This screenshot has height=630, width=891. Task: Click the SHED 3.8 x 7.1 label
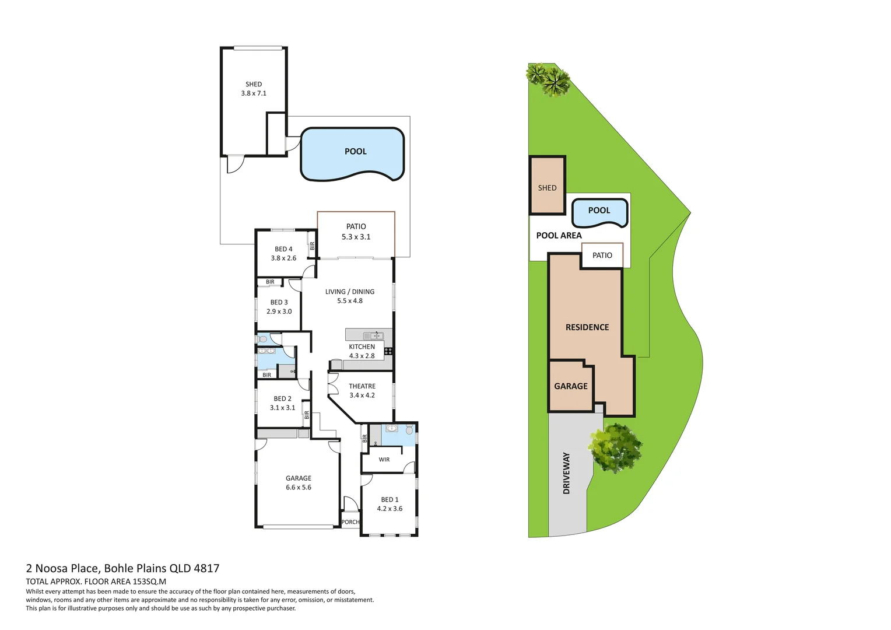[254, 89]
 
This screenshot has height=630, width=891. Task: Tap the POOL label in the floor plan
[355, 152]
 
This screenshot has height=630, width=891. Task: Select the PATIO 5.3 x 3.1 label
[356, 232]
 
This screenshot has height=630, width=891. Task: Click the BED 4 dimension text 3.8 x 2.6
[283, 258]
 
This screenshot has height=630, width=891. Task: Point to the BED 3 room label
[279, 302]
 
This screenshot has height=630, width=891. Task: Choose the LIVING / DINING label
[350, 292]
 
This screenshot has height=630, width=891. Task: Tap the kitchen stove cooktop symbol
[388, 351]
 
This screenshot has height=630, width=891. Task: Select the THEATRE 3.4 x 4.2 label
[362, 391]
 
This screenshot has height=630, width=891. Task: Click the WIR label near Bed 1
[384, 460]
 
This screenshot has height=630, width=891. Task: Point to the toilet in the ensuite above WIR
[409, 430]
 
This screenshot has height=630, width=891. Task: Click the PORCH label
[350, 522]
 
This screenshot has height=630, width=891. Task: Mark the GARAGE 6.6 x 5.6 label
[299, 482]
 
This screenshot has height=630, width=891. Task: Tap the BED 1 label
[390, 499]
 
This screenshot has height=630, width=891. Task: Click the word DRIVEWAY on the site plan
[566, 473]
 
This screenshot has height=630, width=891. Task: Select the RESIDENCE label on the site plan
[587, 327]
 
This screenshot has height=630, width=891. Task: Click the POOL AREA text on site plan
[559, 236]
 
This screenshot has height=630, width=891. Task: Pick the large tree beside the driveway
[615, 447]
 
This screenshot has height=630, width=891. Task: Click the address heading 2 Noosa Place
[122, 568]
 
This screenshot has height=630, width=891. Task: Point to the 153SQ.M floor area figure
[149, 582]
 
